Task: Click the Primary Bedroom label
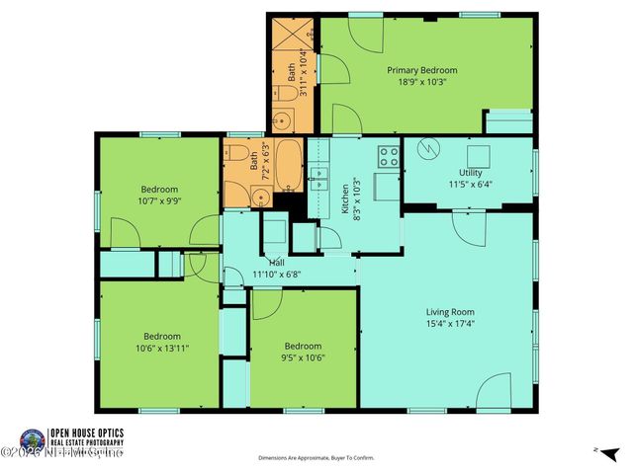[422, 70]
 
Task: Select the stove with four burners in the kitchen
[388, 156]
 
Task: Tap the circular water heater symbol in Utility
[427, 150]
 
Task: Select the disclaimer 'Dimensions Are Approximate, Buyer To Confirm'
[316, 458]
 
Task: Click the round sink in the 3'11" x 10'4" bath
[281, 121]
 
